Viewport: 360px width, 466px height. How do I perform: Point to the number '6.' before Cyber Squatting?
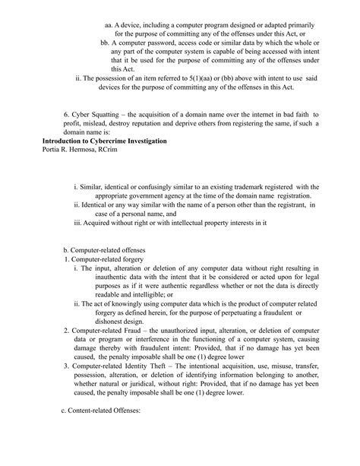click(x=67, y=115)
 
